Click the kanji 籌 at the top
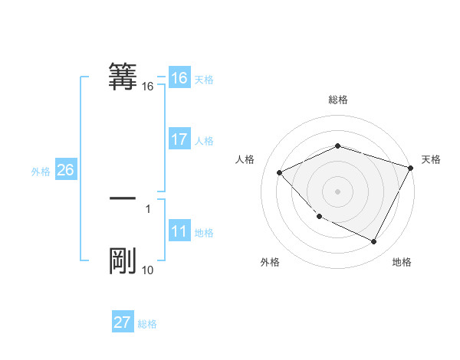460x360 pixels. tap(123, 77)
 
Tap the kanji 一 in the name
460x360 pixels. tap(123, 198)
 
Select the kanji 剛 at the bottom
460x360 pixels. tap(123, 261)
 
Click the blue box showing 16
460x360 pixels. tap(179, 78)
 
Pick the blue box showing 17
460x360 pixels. tap(179, 139)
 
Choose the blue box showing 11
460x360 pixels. tap(179, 232)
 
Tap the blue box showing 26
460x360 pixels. tap(65, 170)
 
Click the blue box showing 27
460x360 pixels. tap(123, 322)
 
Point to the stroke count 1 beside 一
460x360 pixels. tap(148, 208)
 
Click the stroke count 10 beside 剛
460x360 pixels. tap(148, 270)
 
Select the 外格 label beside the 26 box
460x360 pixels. tap(41, 172)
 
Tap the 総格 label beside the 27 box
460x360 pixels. tap(147, 324)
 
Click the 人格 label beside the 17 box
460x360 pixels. tap(204, 141)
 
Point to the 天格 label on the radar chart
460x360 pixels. tap(431, 159)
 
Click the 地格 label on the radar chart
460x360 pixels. tap(402, 263)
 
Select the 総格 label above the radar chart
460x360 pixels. tap(338, 100)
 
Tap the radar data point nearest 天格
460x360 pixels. tap(412, 167)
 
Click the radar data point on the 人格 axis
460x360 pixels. tap(280, 172)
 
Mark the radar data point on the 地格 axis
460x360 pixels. tap(374, 242)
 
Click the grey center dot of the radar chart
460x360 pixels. tap(338, 191)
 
